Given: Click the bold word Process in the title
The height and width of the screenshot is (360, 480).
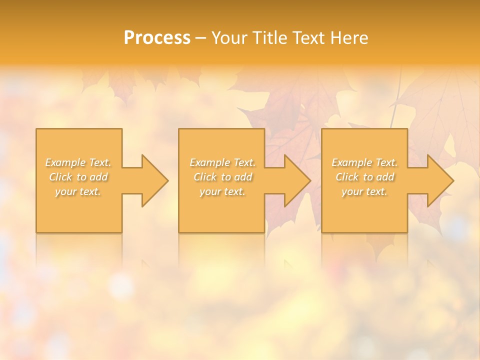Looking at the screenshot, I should (157, 38).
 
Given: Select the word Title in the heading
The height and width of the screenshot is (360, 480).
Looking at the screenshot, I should (269, 38).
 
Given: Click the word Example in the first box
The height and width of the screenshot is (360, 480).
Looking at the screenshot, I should (65, 162).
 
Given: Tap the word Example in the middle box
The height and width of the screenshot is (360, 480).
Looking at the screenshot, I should (209, 162).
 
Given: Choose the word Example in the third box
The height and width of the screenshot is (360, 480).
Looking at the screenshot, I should (351, 162).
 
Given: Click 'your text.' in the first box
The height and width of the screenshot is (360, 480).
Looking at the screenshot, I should (78, 191).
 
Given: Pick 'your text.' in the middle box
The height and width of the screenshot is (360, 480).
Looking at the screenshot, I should (222, 191).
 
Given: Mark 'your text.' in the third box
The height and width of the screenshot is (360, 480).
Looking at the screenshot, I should (364, 191).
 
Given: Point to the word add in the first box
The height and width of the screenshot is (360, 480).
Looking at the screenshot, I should (99, 177).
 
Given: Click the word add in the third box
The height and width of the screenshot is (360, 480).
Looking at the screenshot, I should (385, 177).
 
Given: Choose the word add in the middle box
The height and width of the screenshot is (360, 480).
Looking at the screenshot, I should (243, 177).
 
